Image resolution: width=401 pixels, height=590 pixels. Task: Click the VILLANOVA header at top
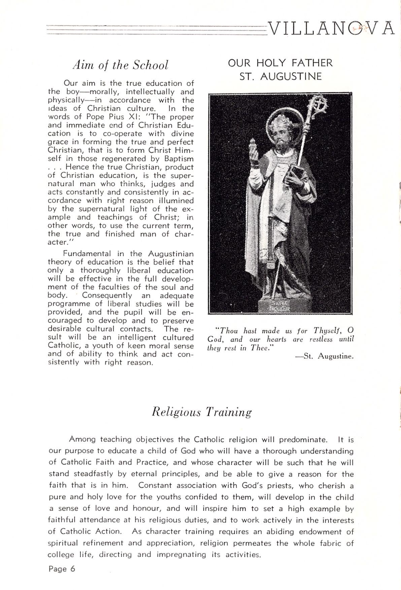[332, 28]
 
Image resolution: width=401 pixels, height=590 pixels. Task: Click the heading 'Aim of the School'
[121, 65]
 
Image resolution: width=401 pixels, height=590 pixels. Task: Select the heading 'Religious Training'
[202, 412]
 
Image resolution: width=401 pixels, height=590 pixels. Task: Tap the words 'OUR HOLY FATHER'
[280, 63]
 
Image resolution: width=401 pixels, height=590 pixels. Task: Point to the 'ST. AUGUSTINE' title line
[280, 76]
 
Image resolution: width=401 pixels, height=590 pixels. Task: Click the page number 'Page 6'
[62, 568]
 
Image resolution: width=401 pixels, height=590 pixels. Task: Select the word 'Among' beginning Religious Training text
[82, 439]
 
